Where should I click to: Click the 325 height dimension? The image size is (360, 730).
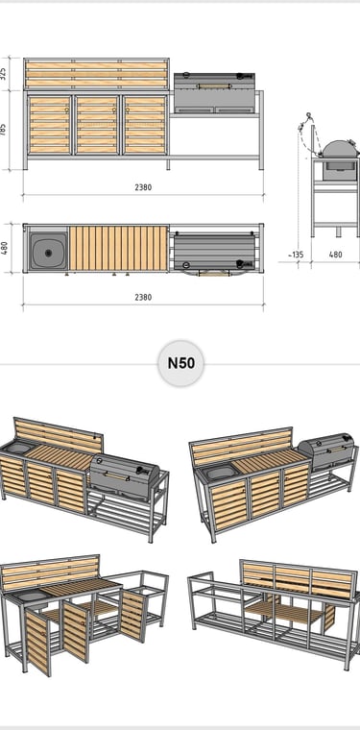pyautogui.click(x=4, y=74)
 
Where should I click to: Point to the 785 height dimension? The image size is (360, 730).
pyautogui.click(x=4, y=130)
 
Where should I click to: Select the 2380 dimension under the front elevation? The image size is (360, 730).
pyautogui.click(x=143, y=187)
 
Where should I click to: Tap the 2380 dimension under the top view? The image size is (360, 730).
pyautogui.click(x=143, y=297)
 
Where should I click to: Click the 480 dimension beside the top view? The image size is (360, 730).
pyautogui.click(x=4, y=248)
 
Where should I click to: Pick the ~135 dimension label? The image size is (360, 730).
pyautogui.click(x=295, y=255)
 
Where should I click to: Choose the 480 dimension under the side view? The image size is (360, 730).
pyautogui.click(x=335, y=255)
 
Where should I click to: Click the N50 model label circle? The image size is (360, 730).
pyautogui.click(x=180, y=363)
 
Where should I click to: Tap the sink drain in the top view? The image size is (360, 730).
pyautogui.click(x=48, y=253)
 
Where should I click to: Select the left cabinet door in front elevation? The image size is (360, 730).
pyautogui.click(x=49, y=125)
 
